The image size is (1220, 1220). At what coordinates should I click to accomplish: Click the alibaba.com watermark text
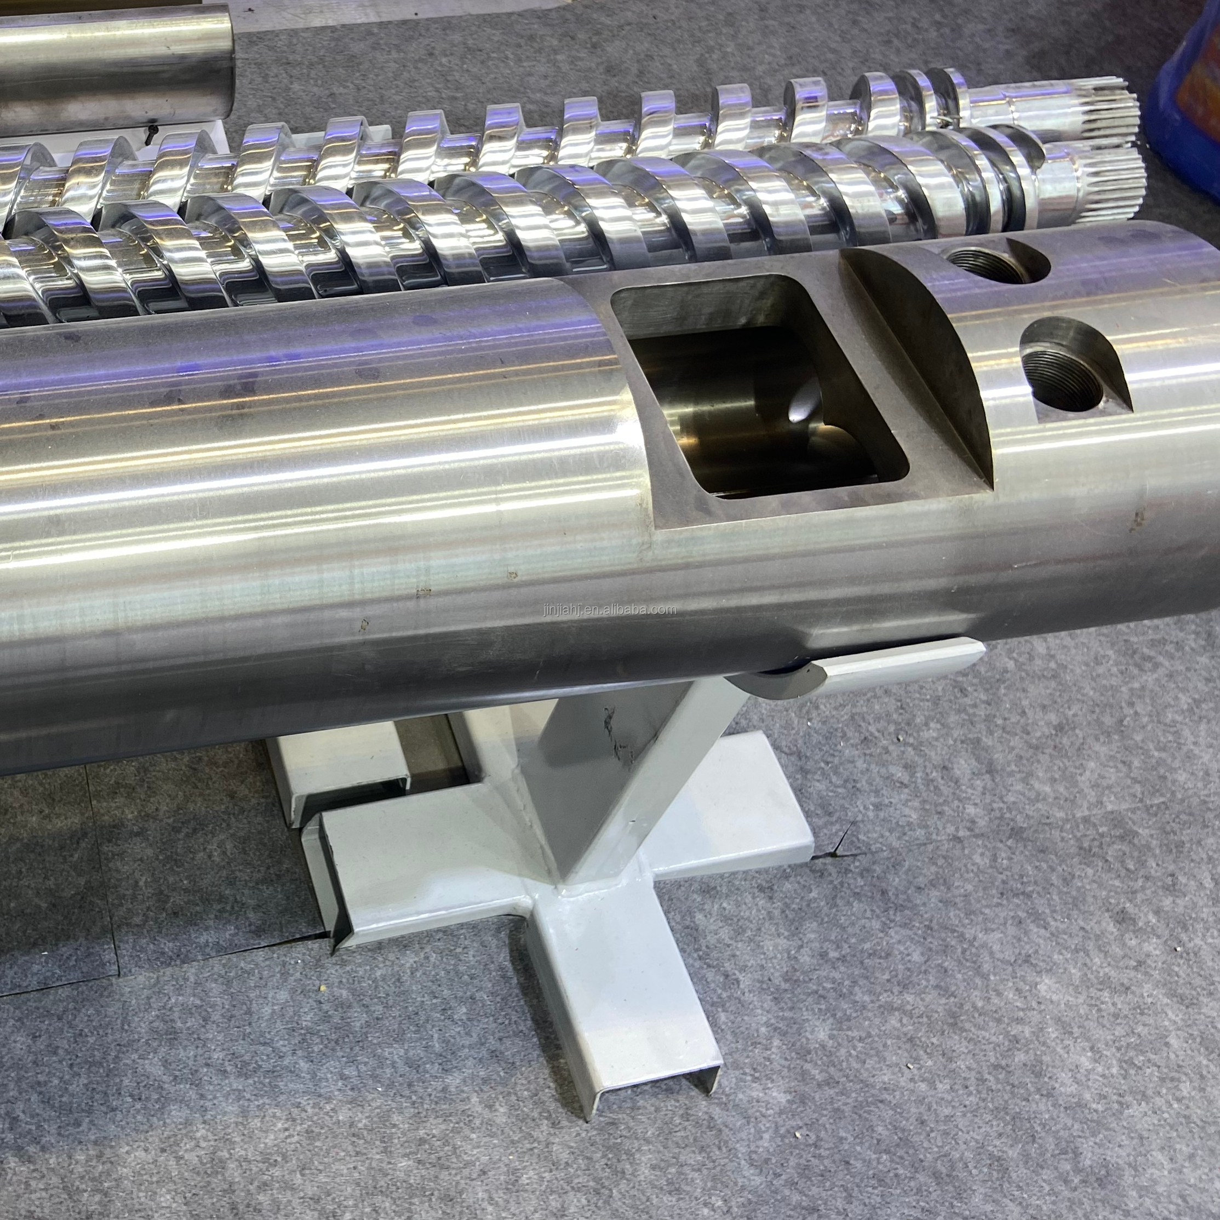[609, 609]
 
